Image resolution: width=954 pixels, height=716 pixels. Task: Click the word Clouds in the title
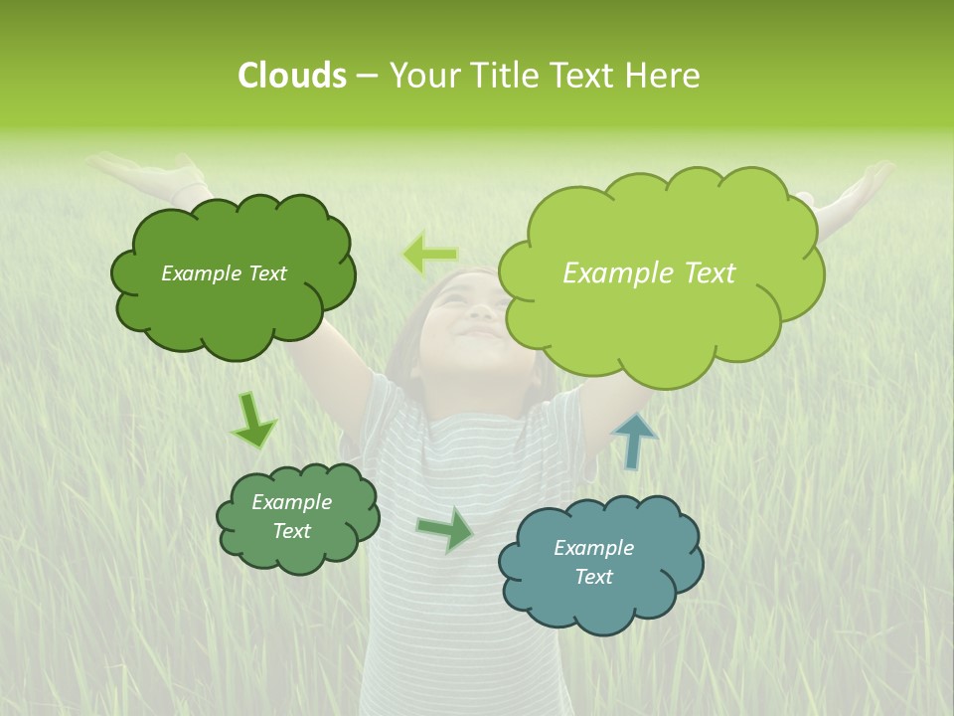[x=292, y=76]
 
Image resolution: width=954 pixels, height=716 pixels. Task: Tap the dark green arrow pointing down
[x=253, y=421]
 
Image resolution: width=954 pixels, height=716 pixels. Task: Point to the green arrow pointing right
[x=446, y=529]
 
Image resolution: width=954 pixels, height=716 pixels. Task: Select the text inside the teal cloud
[x=593, y=562]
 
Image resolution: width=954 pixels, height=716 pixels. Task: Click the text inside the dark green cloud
[x=224, y=273]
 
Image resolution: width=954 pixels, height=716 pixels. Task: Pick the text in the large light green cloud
[x=649, y=273]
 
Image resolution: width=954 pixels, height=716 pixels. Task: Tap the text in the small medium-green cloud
[x=291, y=516]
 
